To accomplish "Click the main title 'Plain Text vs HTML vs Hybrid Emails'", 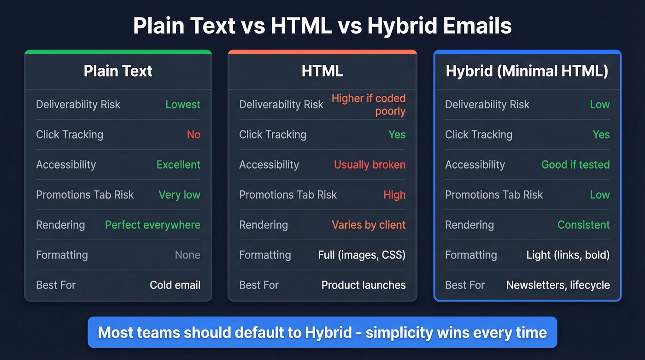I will click(322, 26).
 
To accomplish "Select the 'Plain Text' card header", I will click(118, 71).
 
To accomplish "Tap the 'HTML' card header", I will click(322, 71).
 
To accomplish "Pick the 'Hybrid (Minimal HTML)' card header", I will click(527, 71).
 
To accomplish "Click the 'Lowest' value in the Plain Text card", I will click(183, 105).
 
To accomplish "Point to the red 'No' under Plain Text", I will click(193, 135).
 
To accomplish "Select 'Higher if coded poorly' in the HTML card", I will click(369, 105).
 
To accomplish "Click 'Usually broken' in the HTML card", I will click(369, 165).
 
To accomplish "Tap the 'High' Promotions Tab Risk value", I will click(394, 195).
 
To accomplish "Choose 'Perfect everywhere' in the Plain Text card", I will click(152, 225).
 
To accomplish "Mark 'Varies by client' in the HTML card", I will click(369, 225).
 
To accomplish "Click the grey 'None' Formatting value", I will click(188, 255).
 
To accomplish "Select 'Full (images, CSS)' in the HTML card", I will click(362, 255).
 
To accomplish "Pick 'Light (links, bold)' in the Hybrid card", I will click(568, 255).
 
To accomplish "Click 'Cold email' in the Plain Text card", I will click(175, 285).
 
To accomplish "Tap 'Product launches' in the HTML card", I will click(364, 285).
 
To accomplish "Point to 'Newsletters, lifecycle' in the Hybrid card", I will click(558, 285).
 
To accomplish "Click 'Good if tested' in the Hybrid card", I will click(575, 165).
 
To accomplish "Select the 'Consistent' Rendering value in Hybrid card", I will click(583, 225).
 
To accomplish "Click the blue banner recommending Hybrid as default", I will click(322, 332).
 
